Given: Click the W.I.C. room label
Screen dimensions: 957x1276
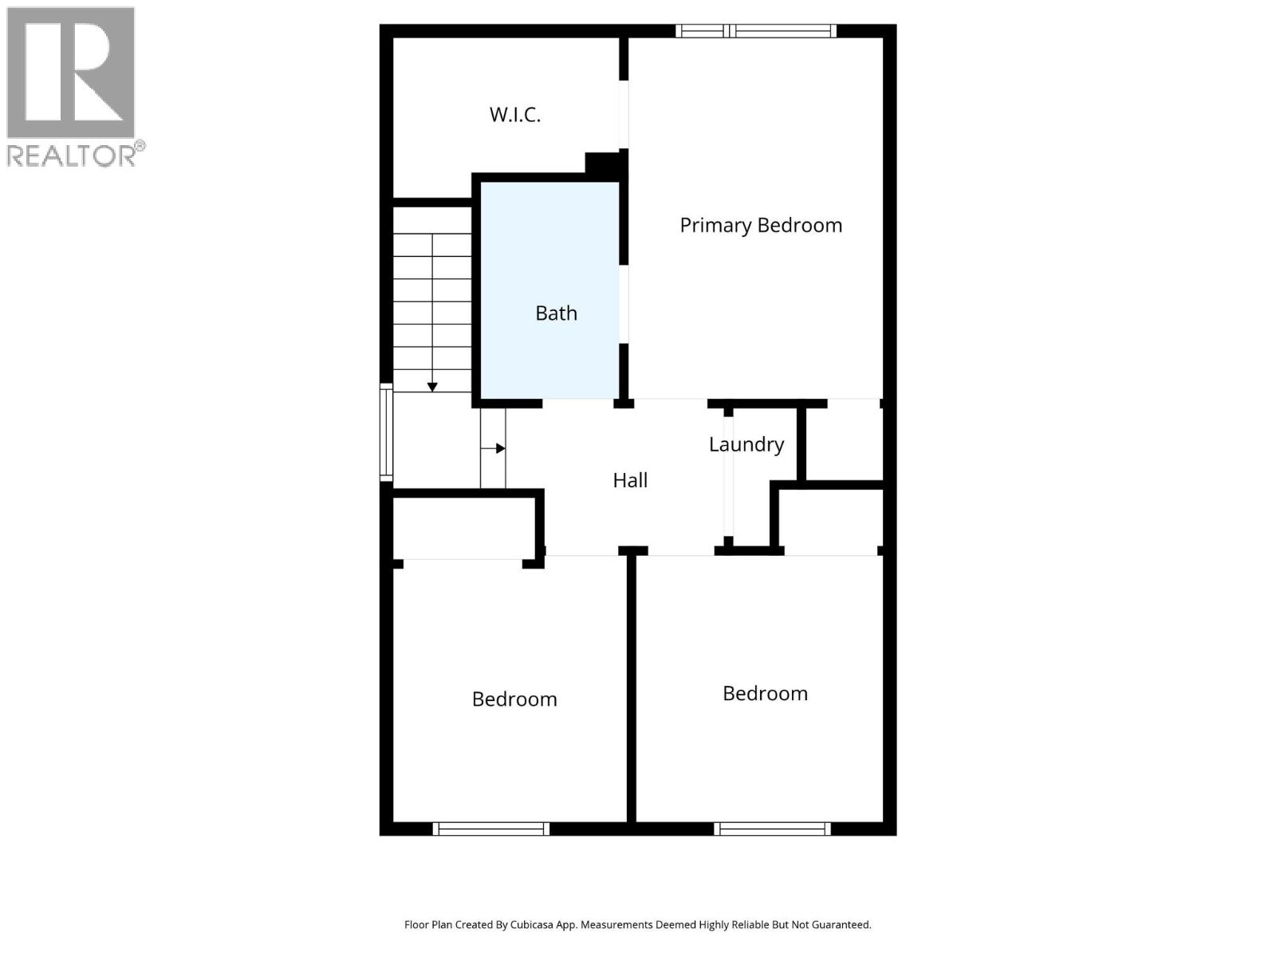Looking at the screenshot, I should point(514,115).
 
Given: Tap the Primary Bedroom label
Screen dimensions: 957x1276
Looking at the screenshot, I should point(761,226).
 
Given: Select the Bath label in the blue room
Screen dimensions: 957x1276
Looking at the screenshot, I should point(556,313).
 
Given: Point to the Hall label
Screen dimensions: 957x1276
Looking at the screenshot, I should point(630,480).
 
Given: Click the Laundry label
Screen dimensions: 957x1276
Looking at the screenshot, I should point(746,444).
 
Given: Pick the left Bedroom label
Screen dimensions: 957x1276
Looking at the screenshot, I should point(514,699).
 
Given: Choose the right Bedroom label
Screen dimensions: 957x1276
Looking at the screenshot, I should point(765,694).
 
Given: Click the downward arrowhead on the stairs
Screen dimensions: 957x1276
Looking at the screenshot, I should point(432,387).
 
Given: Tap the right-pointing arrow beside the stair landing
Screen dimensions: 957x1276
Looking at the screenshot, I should point(500,448).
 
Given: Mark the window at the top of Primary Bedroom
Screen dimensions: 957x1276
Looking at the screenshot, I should point(756,31).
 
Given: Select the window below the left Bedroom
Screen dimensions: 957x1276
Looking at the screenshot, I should point(491,829).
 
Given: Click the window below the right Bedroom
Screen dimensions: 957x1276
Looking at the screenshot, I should point(772,829).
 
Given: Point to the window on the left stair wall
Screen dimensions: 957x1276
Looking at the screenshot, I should point(386,432).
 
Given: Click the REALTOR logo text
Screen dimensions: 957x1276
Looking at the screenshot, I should point(72,156).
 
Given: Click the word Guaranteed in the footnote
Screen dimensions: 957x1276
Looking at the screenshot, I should point(841,925).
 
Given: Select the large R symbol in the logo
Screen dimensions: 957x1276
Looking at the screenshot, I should point(70,73).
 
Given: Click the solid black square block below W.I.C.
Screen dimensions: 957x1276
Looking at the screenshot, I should point(603,163).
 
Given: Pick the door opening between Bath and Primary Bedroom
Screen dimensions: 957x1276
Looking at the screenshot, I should point(624,304).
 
